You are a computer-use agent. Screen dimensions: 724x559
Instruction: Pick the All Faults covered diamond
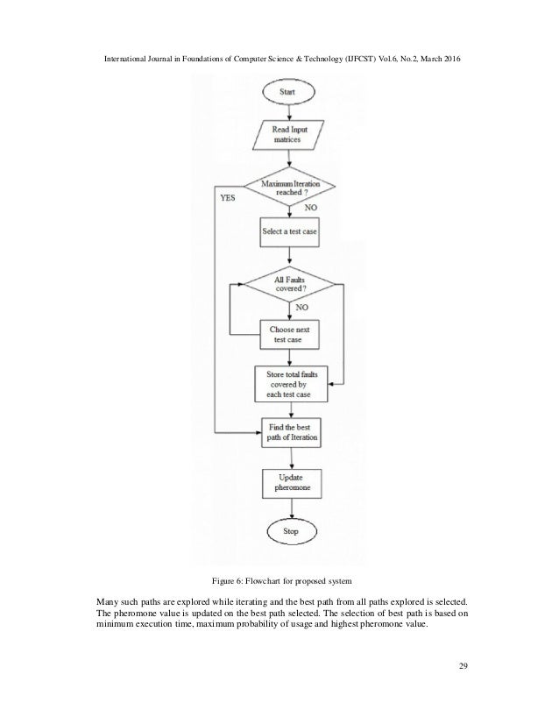[x=287, y=286]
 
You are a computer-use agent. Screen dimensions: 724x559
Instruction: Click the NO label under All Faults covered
[x=302, y=309]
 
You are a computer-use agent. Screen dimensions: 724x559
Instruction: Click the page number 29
[x=462, y=671]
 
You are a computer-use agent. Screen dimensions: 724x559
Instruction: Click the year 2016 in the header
[x=447, y=57]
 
